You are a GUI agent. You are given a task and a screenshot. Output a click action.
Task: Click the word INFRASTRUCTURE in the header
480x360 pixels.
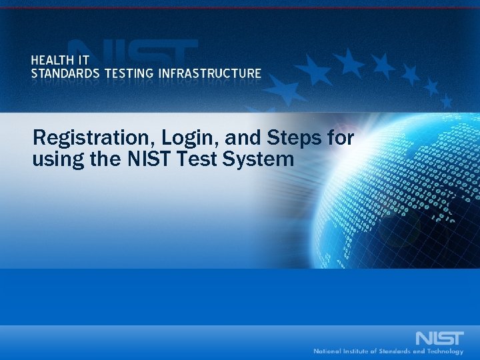[x=210, y=73]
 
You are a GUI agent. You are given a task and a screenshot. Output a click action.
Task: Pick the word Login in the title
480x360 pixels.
[x=155, y=139]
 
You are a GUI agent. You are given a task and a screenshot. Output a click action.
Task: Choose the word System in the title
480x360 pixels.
[x=259, y=159]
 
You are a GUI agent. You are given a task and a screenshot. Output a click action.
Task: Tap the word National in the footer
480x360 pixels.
[x=330, y=351]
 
